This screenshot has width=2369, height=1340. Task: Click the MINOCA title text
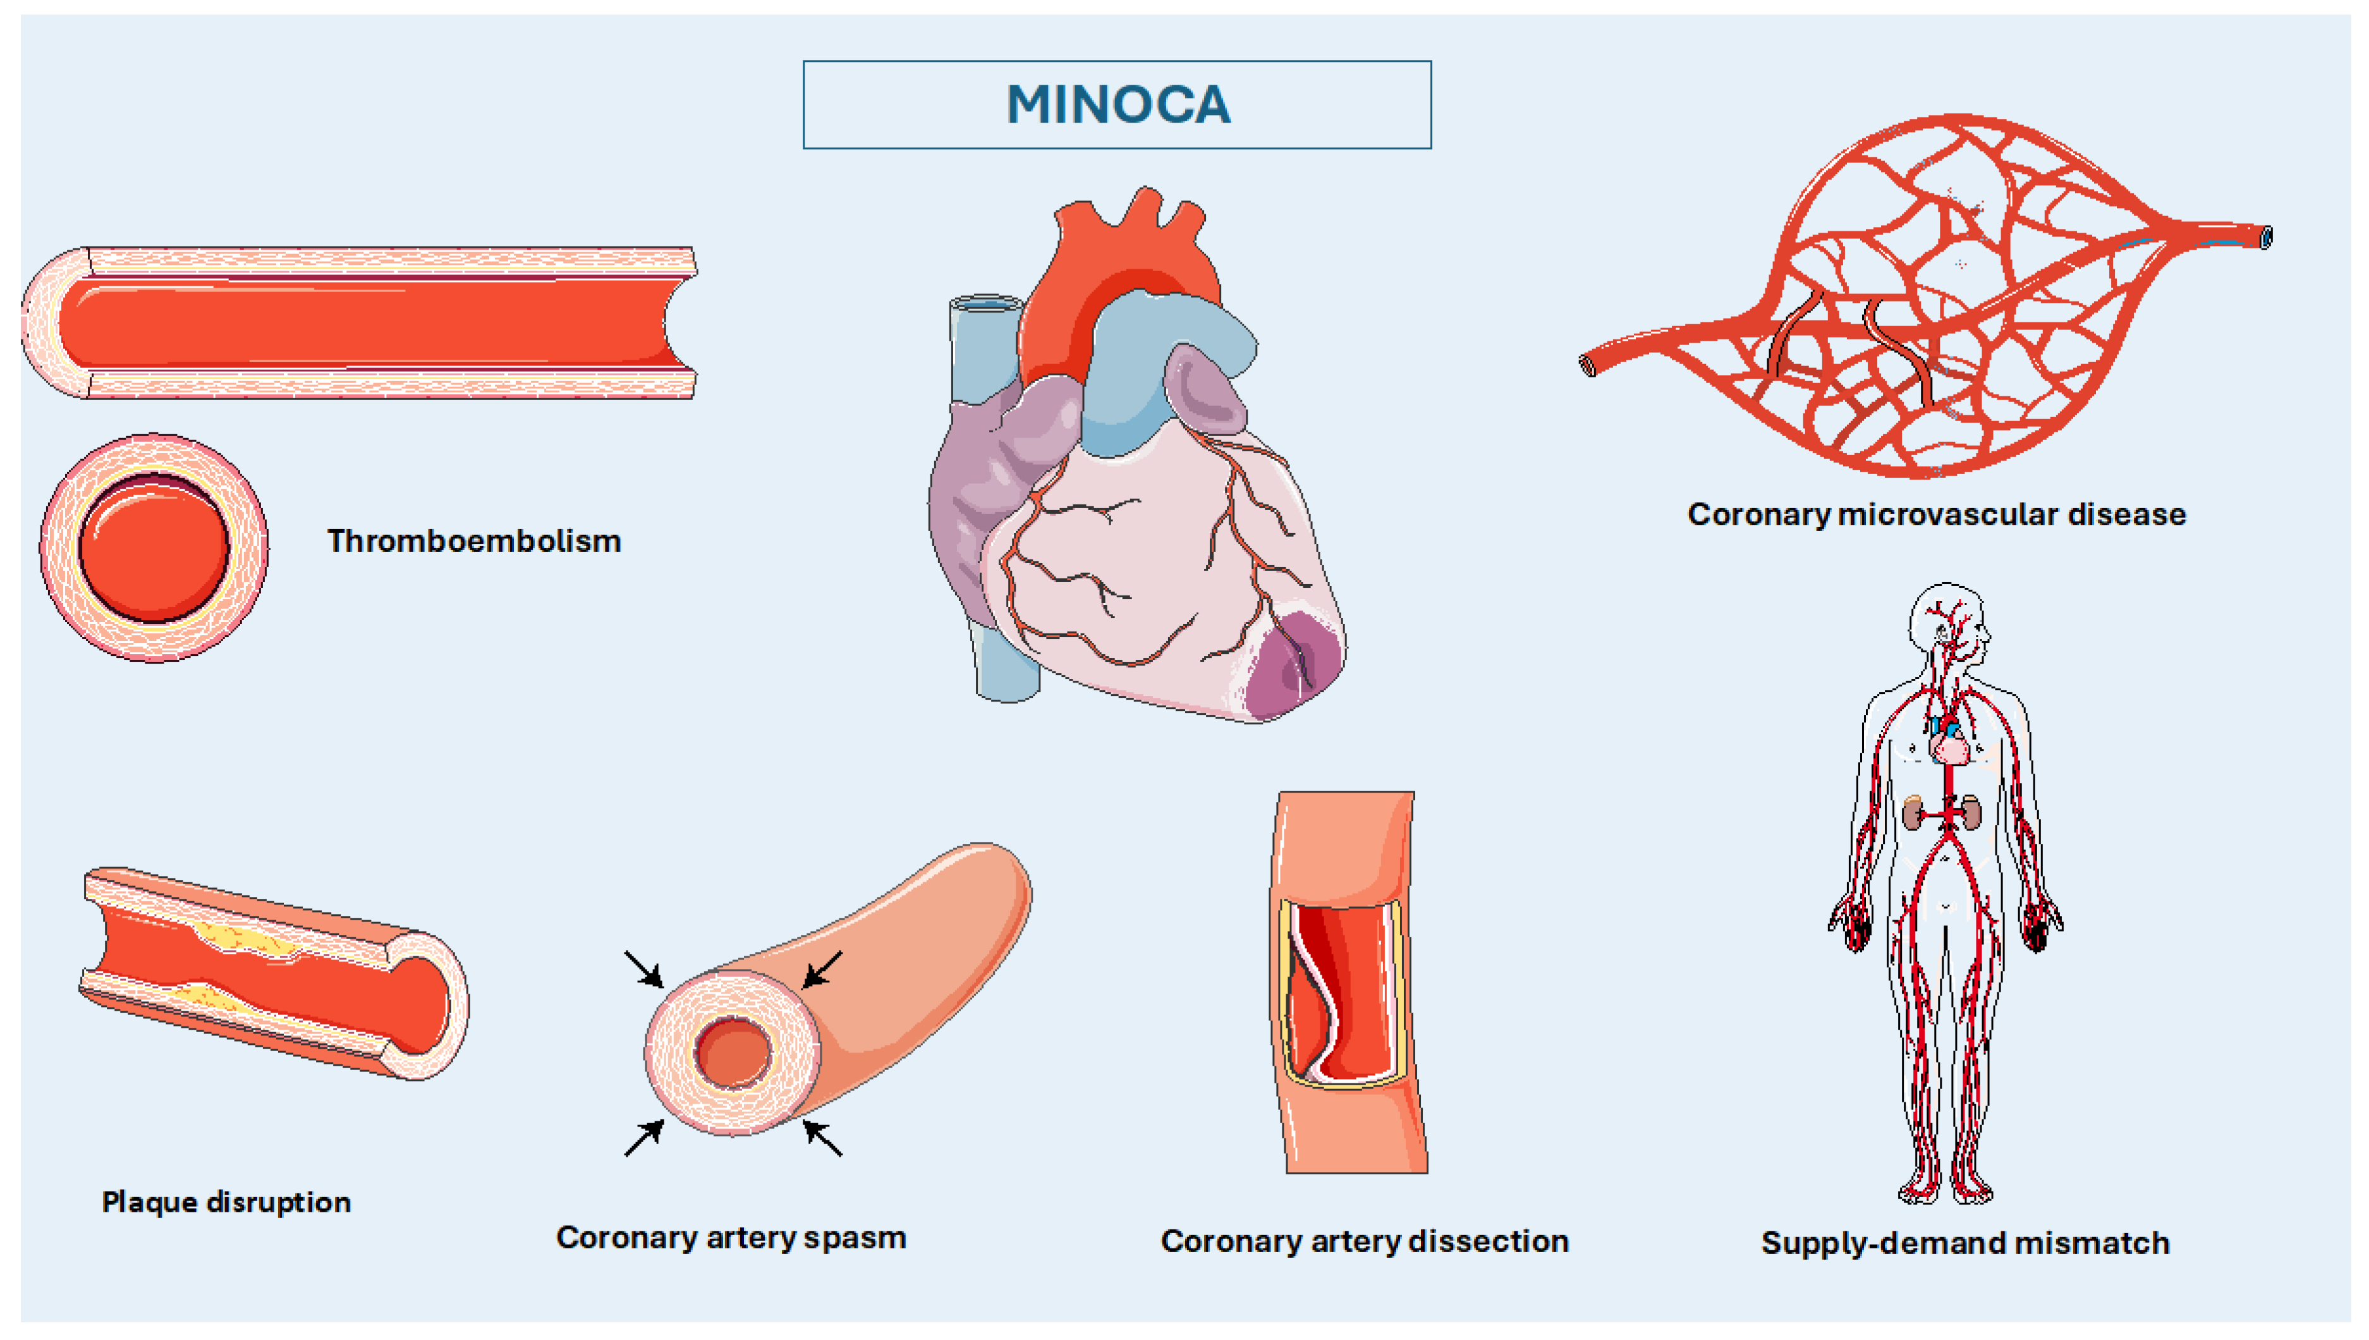pyautogui.click(x=1118, y=104)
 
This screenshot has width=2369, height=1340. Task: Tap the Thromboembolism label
pyautogui.click(x=474, y=541)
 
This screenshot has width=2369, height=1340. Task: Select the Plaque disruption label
pyautogui.click(x=226, y=1202)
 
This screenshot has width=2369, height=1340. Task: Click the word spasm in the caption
pyautogui.click(x=854, y=1238)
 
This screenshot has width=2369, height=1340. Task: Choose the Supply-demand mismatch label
pyautogui.click(x=1965, y=1243)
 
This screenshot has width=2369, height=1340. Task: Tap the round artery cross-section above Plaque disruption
pyautogui.click(x=154, y=547)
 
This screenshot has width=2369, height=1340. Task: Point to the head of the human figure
pyautogui.click(x=1947, y=621)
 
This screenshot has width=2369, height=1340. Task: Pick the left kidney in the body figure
pyautogui.click(x=1913, y=812)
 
